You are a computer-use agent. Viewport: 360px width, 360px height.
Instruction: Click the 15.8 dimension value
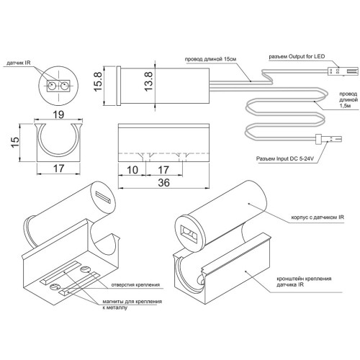(x=98, y=81)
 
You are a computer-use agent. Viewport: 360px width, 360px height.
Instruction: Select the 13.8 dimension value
(x=148, y=81)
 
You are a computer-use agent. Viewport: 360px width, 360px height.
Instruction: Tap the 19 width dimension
(x=58, y=114)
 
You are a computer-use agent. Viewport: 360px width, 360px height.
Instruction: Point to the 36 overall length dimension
(x=163, y=183)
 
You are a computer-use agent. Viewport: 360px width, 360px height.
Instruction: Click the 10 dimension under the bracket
(x=132, y=170)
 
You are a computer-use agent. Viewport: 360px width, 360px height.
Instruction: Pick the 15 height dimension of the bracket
(x=15, y=143)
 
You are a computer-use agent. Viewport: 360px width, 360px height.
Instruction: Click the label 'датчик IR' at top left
(x=19, y=63)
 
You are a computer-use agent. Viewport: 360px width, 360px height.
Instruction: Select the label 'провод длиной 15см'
(x=210, y=59)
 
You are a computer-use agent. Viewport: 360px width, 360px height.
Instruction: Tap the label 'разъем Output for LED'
(x=297, y=57)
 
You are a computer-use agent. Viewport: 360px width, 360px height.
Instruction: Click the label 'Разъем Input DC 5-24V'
(x=285, y=158)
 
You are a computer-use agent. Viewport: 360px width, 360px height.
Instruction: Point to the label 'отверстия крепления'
(x=135, y=284)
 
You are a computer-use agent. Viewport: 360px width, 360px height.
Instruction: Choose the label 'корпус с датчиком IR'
(x=318, y=217)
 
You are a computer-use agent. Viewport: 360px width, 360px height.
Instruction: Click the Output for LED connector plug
(x=342, y=71)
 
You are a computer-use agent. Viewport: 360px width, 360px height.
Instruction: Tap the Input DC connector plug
(x=328, y=139)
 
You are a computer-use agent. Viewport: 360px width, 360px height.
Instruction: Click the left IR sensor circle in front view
(x=52, y=85)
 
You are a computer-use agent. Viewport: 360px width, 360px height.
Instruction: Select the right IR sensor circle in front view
(x=64, y=85)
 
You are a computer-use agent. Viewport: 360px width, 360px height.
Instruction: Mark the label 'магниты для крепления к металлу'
(x=132, y=304)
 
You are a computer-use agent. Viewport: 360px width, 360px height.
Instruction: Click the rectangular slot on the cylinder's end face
(x=103, y=197)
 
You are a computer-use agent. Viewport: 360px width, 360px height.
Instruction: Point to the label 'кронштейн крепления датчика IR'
(x=304, y=282)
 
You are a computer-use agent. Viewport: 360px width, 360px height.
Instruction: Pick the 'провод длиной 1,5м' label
(x=348, y=99)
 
